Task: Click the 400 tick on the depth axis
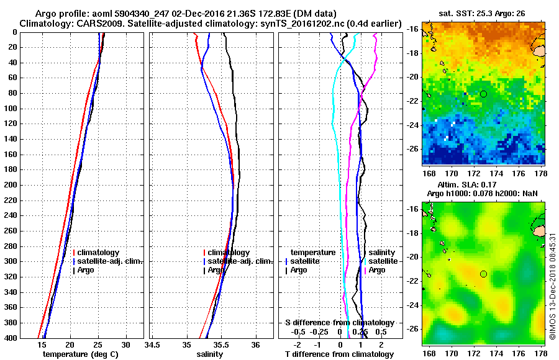pyautogui.click(x=12, y=338)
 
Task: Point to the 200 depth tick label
pyautogui.click(x=12, y=185)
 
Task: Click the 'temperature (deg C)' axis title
pyautogui.click(x=81, y=354)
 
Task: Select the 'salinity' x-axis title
pyautogui.click(x=211, y=354)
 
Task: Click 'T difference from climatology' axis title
pyautogui.click(x=340, y=354)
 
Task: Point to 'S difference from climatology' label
pyautogui.click(x=340, y=323)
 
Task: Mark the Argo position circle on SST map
pyautogui.click(x=483, y=94)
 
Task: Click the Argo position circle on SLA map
pyautogui.click(x=483, y=274)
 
